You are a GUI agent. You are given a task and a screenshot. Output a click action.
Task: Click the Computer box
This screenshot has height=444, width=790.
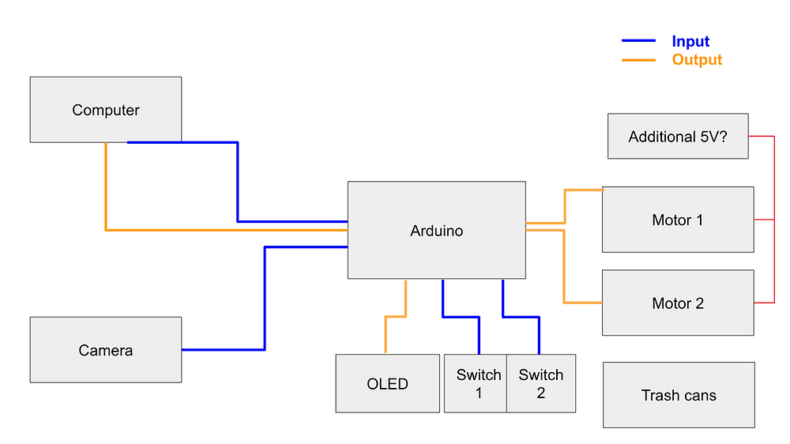pos(106,110)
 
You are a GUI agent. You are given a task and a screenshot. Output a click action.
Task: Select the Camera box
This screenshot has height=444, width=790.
pos(106,350)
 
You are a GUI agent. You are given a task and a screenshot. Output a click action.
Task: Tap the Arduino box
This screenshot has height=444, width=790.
pos(436,231)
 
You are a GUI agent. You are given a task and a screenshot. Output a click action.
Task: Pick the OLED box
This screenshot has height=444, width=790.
pos(387,384)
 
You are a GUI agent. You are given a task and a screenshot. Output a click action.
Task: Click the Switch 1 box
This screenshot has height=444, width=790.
pos(476,384)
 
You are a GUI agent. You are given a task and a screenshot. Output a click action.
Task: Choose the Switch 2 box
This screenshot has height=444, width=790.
pos(541,384)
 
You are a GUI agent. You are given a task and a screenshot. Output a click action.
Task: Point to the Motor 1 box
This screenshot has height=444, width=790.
pos(678,220)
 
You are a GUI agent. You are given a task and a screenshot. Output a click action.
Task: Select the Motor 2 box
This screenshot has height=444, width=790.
pos(678,303)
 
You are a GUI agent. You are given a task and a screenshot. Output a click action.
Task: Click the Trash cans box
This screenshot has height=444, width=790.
pos(679,395)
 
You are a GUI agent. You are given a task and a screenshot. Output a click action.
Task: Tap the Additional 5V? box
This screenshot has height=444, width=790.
pos(677,137)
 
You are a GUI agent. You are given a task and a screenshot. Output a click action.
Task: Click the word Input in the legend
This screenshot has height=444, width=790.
pos(690,42)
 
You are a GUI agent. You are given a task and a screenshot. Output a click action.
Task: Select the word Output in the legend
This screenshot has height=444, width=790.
pos(697,60)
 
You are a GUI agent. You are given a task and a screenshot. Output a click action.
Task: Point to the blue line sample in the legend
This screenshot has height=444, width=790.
pos(638,40)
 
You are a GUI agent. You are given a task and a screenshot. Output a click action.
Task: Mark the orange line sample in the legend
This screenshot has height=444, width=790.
pos(638,60)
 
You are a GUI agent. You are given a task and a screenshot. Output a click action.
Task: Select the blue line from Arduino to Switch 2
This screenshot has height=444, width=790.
pos(521,317)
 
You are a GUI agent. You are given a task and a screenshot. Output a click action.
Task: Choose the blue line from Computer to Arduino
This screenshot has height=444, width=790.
pos(238,182)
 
